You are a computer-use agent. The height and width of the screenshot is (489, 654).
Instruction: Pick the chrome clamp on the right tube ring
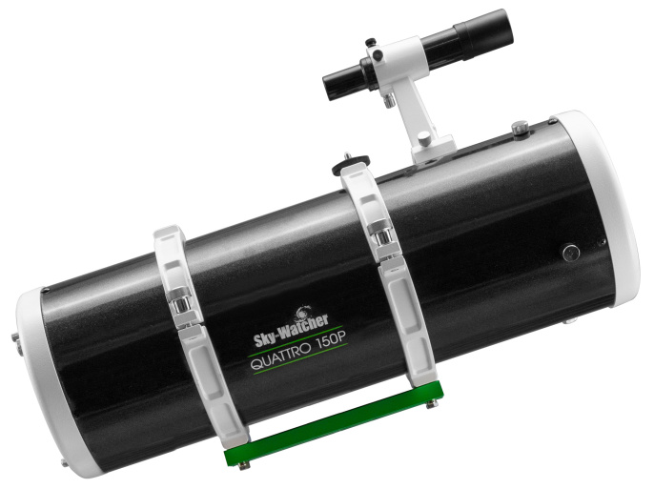(x=381, y=232)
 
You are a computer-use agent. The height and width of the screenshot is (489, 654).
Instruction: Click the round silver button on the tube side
(x=570, y=253)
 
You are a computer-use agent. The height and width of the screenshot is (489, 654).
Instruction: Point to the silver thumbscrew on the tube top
(x=520, y=126)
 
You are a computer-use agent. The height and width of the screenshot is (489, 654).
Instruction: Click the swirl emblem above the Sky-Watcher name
(x=303, y=312)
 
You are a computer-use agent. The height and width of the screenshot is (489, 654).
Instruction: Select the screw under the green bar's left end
(x=244, y=465)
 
